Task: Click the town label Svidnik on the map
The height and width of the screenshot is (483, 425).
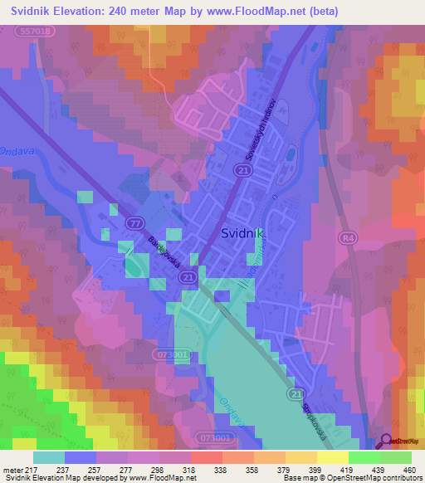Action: (x=243, y=234)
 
